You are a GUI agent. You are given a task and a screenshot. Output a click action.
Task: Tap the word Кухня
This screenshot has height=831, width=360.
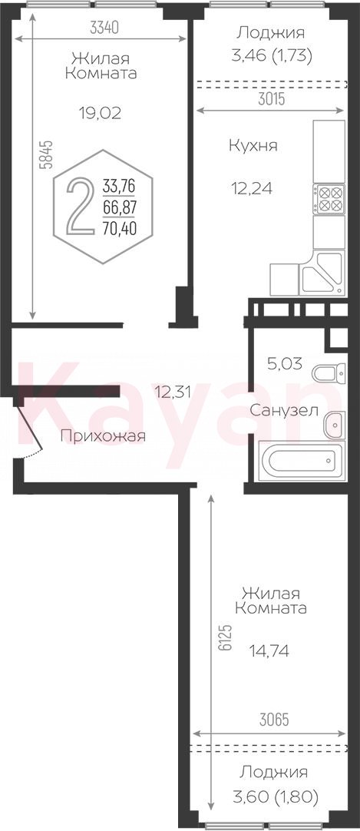click(253, 146)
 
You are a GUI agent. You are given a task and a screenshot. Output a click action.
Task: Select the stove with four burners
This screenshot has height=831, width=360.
click(329, 199)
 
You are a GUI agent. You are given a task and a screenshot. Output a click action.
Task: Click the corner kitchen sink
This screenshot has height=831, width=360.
click(322, 273)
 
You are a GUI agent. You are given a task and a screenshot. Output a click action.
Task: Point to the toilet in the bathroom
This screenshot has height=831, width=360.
click(329, 372)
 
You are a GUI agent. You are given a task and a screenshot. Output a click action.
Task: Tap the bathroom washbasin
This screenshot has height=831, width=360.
click(335, 425)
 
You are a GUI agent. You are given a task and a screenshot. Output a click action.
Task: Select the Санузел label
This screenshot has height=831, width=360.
click(284, 410)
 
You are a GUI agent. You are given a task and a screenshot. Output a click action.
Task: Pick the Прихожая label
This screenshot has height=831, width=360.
click(103, 436)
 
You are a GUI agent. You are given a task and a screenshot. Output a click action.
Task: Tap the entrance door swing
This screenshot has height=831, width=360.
click(28, 432)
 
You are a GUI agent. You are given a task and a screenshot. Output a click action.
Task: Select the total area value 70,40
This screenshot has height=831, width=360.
click(119, 228)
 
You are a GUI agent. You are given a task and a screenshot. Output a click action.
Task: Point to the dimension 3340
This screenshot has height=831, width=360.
click(104, 28)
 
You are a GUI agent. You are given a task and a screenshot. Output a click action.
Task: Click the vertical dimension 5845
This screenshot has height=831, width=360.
click(47, 154)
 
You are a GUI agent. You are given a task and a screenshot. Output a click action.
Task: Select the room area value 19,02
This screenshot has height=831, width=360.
click(100, 112)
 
